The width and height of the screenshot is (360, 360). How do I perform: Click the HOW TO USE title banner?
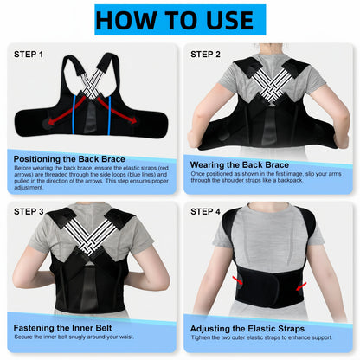[x=180, y=20]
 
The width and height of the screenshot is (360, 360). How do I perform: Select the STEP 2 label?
[x=207, y=54]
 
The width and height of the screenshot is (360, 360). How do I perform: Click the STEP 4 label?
[x=207, y=209]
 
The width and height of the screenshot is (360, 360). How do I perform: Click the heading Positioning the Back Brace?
[x=69, y=158]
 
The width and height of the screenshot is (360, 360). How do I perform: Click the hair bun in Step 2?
[x=271, y=49]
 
